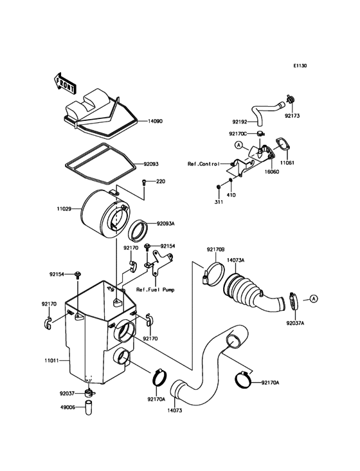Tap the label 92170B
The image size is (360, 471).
[215, 249]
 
